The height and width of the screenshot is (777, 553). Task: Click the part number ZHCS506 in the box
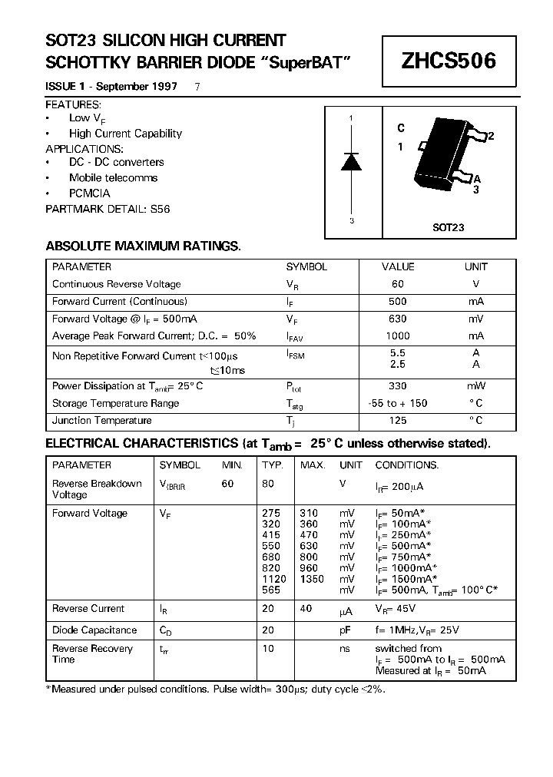click(449, 61)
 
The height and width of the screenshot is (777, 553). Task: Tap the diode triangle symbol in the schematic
click(351, 161)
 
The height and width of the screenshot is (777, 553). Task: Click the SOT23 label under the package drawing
click(448, 228)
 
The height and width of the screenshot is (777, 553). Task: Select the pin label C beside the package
click(401, 128)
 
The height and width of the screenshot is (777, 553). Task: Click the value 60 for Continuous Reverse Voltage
click(398, 284)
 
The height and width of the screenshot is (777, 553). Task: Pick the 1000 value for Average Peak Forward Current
click(398, 336)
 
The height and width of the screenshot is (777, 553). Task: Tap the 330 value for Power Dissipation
click(398, 386)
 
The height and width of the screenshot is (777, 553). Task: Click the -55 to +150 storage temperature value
click(398, 403)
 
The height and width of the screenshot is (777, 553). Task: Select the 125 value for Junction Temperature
click(398, 420)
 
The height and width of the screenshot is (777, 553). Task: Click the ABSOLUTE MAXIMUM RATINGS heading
click(143, 246)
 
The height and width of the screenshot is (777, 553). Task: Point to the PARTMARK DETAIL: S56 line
click(108, 208)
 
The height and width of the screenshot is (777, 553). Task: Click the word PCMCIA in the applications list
click(90, 193)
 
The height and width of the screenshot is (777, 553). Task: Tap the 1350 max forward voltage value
click(312, 579)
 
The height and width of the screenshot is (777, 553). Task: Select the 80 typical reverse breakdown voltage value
click(268, 484)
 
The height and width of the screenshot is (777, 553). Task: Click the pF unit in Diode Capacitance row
click(346, 630)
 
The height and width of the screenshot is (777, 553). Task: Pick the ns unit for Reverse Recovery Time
click(345, 649)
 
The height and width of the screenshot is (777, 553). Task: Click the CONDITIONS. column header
click(406, 465)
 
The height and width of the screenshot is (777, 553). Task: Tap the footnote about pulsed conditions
click(216, 689)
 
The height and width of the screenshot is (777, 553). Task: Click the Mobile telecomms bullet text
click(113, 177)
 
